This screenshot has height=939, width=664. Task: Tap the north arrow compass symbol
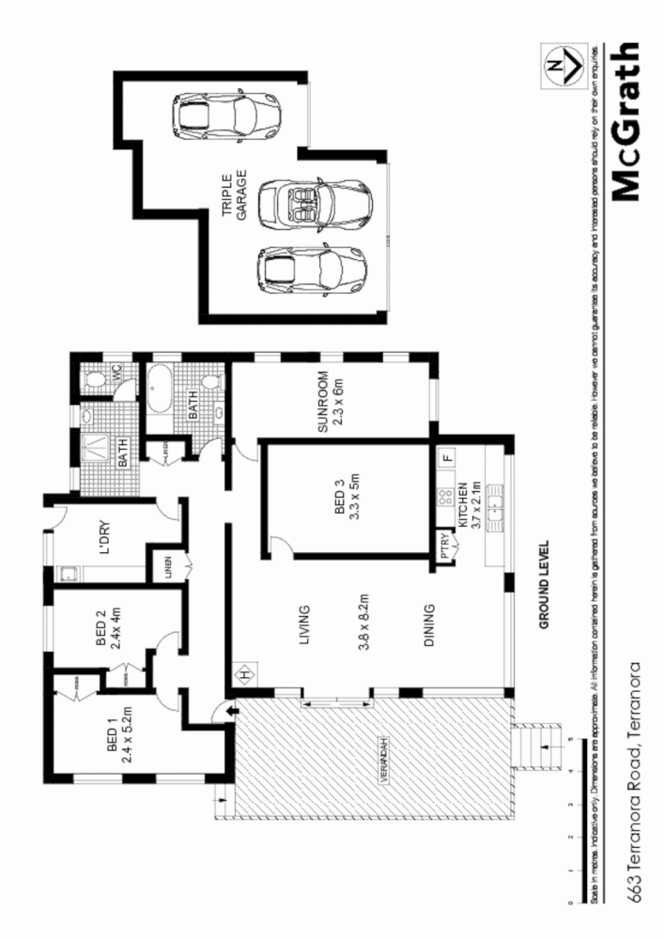point(561,65)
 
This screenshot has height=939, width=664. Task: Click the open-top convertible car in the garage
point(315,201)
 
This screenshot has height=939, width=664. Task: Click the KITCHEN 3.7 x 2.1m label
point(469,506)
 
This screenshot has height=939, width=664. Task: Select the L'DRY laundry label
point(105,546)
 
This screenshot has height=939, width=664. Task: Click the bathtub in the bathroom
point(157,390)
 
